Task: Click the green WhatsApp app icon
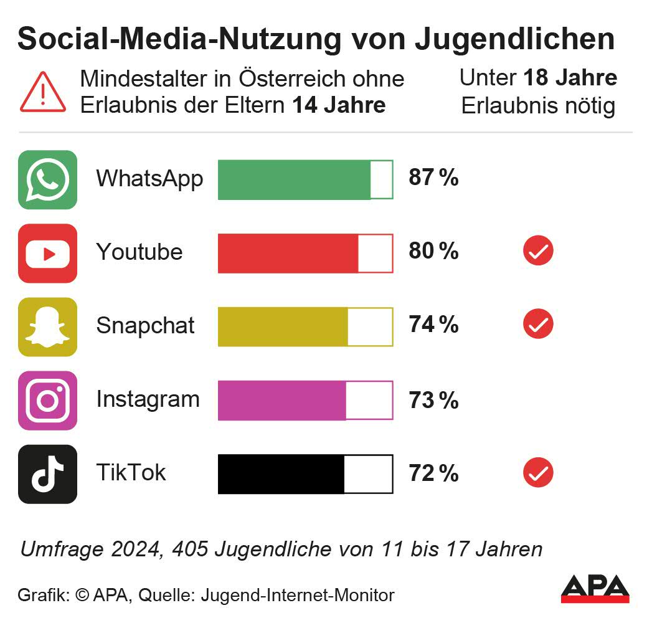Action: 47,179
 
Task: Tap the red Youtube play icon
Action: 47,253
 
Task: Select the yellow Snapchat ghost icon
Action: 47,326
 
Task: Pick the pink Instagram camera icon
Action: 47,400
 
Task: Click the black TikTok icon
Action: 47,473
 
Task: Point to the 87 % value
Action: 433,178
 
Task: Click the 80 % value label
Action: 433,252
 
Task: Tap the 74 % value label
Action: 433,325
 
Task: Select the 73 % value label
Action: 433,400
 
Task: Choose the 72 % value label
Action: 433,473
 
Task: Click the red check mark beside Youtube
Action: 538,252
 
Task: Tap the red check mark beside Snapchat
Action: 538,325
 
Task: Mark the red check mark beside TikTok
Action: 538,473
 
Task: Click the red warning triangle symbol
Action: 43,92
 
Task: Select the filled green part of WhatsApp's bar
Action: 294,179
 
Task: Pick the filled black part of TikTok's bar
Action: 281,473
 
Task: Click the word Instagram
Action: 148,399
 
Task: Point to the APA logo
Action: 595,589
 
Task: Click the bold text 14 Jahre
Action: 339,105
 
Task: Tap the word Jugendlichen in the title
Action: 514,40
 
